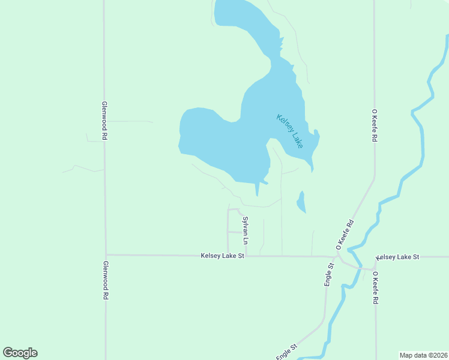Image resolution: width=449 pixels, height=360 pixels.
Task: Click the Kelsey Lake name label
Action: [289, 131]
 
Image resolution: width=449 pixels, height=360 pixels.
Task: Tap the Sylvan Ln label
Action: [245, 230]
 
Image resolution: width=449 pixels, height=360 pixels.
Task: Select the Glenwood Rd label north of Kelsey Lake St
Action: [104, 120]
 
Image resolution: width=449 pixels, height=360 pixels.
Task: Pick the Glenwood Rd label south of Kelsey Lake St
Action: [105, 280]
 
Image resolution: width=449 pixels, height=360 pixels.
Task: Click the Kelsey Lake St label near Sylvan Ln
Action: [223, 256]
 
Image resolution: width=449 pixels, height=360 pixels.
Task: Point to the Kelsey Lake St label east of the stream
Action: [397, 257]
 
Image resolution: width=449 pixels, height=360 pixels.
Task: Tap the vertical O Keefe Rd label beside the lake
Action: [374, 125]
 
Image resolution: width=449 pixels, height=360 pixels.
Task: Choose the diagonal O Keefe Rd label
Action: [346, 235]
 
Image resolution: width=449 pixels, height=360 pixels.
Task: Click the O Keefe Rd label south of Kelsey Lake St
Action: [375, 289]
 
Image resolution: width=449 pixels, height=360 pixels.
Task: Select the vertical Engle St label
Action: [329, 274]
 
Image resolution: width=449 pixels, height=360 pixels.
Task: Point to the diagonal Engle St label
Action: [287, 352]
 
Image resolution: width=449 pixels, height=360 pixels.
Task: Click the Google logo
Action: [20, 353]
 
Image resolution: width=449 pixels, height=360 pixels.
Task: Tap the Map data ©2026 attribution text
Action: [423, 355]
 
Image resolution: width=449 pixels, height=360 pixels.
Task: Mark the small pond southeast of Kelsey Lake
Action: [301, 202]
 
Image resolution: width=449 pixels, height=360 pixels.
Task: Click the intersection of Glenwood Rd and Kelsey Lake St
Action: [106, 254]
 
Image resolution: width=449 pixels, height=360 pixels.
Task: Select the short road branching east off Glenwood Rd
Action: [129, 121]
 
